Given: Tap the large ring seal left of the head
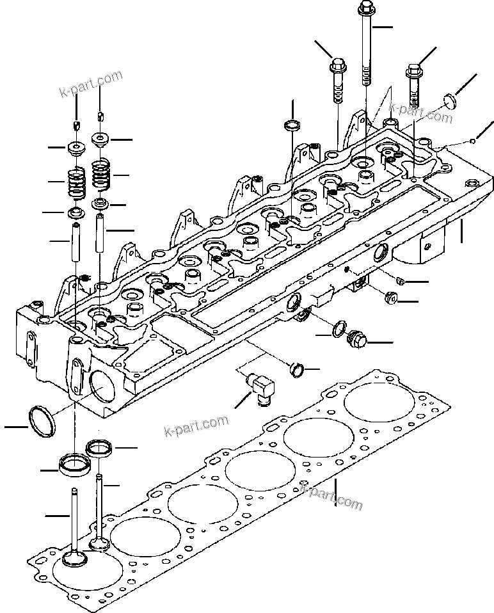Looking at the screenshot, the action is pyautogui.click(x=42, y=422).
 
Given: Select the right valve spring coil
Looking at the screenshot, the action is pyautogui.click(x=100, y=175).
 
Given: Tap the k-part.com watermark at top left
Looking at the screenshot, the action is pyautogui.click(x=90, y=83).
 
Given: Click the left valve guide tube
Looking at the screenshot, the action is pyautogui.click(x=76, y=242).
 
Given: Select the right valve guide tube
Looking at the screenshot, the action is pyautogui.click(x=100, y=233).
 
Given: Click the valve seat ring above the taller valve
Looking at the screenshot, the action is pyautogui.click(x=99, y=448).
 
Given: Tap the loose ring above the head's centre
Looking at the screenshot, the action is pyautogui.click(x=292, y=125).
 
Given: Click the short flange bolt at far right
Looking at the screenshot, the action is pyautogui.click(x=413, y=84).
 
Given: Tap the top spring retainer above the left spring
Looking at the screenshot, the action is pyautogui.click(x=76, y=148).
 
